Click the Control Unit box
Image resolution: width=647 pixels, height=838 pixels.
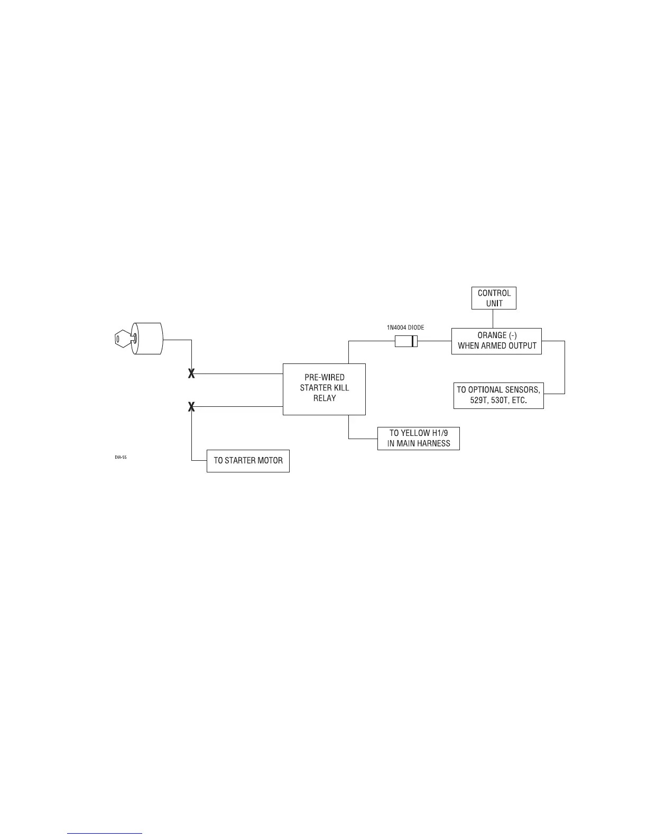point(494,298)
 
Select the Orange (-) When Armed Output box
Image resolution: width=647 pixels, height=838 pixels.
point(496,341)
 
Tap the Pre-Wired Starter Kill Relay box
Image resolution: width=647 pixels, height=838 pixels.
point(324,388)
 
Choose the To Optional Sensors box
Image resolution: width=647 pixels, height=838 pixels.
point(498,395)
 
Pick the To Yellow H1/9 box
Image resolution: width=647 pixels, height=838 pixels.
point(418,438)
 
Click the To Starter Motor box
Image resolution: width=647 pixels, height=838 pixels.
point(248,461)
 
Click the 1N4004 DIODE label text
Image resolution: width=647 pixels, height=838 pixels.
point(405,328)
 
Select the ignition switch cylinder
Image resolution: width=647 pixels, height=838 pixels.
point(148,339)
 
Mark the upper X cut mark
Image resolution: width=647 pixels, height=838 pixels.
point(192,374)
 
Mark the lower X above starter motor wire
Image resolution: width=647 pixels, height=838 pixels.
point(192,407)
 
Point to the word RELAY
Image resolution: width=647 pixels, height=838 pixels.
point(324,398)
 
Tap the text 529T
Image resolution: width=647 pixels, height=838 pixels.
point(480,400)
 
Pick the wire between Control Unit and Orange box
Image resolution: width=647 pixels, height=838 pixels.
point(493,318)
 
